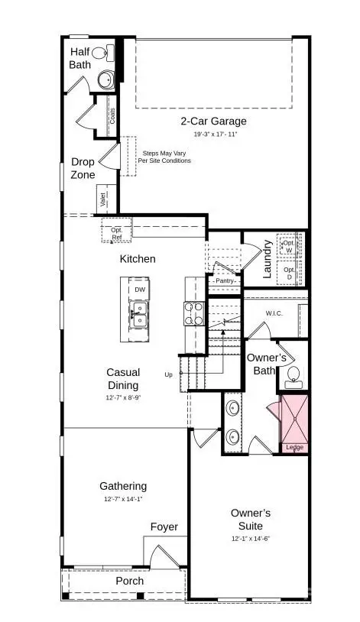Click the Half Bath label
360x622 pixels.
coord(80,58)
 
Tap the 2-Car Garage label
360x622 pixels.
coord(213,121)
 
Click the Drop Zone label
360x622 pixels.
coord(83,168)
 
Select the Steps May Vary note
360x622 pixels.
coord(164,157)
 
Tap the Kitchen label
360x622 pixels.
coord(138,259)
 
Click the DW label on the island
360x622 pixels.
coord(140,290)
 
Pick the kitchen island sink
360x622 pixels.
coord(139,315)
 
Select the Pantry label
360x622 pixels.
coord(225,280)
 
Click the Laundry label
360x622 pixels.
coord(268,258)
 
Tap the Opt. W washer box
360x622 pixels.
coord(288,246)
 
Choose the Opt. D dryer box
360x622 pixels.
coord(289,271)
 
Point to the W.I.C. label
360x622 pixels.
coord(275,313)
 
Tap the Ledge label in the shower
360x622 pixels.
coord(294,447)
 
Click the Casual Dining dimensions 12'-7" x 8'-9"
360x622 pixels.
coord(122,398)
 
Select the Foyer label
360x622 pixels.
coord(164,527)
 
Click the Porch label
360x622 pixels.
coord(129,581)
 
